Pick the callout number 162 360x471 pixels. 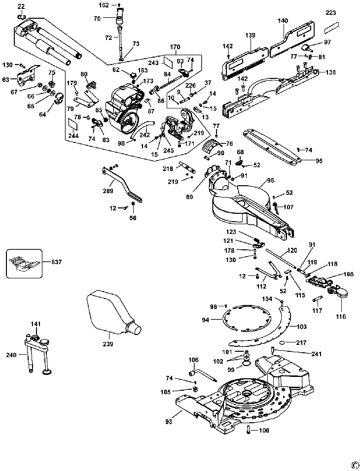104,5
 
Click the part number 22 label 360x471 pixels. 20,6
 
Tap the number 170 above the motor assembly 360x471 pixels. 175,47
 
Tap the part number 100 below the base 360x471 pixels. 264,431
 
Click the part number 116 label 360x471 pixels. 340,315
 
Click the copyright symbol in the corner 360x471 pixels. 354,464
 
